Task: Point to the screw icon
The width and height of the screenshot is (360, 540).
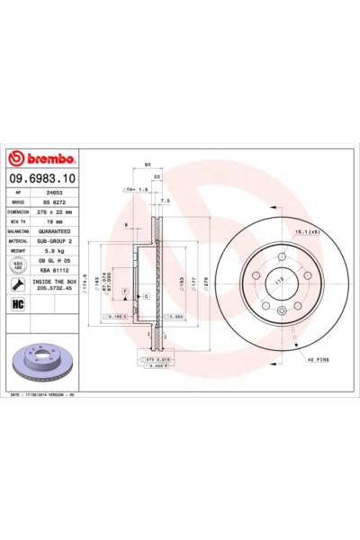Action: [17, 283]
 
